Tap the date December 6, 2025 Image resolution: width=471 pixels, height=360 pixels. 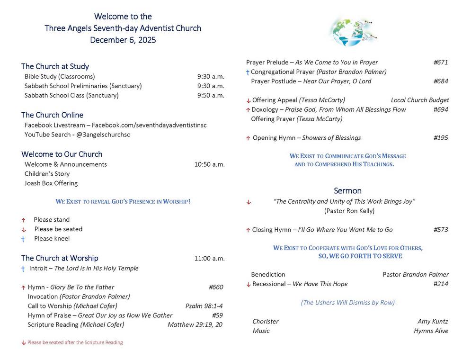coord(123,40)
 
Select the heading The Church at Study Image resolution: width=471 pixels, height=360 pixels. coord(55,66)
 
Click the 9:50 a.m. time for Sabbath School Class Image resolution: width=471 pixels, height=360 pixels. coord(211,95)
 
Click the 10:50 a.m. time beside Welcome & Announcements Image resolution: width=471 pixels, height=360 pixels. coord(209,164)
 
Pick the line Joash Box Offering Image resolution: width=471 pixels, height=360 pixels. coord(51,183)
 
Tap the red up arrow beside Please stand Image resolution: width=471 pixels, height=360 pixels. coord(23,220)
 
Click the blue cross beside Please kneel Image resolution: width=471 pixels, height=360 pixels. coord(23,239)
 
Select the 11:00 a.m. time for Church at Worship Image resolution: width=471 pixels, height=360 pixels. coord(209,259)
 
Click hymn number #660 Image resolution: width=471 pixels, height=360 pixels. coord(215,287)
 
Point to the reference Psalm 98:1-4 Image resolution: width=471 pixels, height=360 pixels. coord(204,306)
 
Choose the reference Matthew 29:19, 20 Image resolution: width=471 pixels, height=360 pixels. coord(195,325)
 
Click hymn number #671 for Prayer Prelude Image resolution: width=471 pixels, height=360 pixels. coord(440,63)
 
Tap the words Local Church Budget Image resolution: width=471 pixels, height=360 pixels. coord(420,100)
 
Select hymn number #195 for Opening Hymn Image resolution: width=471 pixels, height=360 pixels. coord(440,138)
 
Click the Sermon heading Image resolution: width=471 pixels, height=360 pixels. coord(347,191)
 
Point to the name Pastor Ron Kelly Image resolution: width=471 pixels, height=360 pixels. coord(349,211)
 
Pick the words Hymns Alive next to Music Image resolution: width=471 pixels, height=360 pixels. coord(431,331)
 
